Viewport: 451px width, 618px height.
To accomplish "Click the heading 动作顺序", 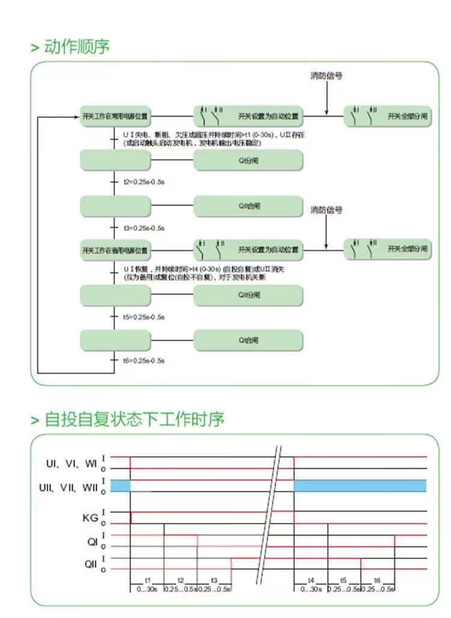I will tap(76, 47).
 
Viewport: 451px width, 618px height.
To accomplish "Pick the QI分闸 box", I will tap(248, 161).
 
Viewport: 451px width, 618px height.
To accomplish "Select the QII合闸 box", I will tap(248, 206).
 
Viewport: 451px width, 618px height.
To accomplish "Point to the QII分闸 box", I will tap(248, 295).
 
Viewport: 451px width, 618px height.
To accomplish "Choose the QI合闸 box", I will tap(248, 340).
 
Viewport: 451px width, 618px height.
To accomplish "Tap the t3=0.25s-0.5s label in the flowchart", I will tap(144, 228).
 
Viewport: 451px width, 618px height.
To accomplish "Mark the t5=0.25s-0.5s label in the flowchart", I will tap(144, 316).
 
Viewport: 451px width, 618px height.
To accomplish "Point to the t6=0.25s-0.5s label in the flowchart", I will tap(144, 361).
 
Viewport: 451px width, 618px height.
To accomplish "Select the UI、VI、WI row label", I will tap(72, 463).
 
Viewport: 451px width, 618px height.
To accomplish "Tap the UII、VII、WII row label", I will tap(69, 486).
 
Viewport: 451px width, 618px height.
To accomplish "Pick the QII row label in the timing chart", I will tap(90, 564).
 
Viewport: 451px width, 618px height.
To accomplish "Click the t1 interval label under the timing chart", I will tap(147, 580).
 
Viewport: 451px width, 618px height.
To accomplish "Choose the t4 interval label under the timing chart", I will tap(311, 580).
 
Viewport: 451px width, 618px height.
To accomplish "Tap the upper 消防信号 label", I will tap(327, 76).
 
